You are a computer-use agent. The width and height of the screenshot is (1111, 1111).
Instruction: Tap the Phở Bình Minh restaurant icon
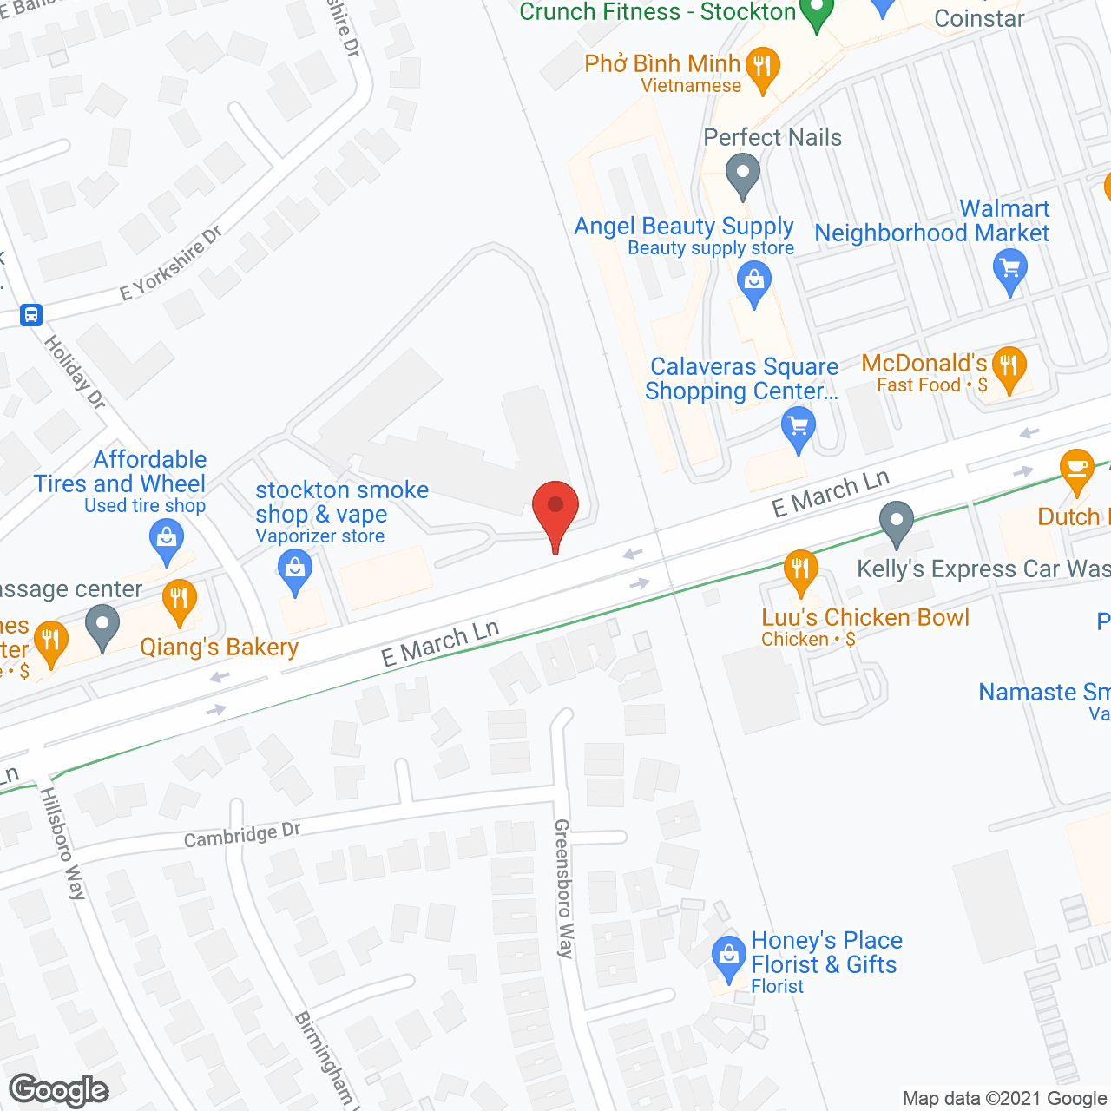pos(763,67)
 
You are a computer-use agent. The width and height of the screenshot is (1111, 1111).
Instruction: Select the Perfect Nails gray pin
pos(742,173)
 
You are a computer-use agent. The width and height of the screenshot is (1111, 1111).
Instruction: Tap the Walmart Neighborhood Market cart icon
pos(1009,268)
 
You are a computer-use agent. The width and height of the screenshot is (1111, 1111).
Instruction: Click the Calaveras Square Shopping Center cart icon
pos(799,429)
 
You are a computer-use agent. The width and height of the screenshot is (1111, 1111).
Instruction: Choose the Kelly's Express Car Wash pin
pos(897,522)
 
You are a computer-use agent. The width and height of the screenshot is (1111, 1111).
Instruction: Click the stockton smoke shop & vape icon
pos(295,571)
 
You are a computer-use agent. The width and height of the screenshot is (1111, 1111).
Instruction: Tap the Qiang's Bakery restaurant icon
pos(179,600)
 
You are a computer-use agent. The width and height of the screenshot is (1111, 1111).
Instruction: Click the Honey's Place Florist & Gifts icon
pos(728,956)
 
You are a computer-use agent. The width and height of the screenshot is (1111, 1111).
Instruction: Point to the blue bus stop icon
pos(31,314)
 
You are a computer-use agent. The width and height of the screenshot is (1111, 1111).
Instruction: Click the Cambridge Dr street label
pos(242,835)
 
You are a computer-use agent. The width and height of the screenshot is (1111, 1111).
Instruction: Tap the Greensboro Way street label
pos(564,888)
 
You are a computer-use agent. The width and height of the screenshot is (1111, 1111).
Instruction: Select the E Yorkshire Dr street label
pos(171,263)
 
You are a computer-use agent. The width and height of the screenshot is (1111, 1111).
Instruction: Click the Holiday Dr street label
pos(76,372)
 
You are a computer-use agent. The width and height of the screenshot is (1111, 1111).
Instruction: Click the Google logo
pos(59,1090)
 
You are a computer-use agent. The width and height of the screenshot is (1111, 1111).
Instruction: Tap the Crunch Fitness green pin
pos(816,12)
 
